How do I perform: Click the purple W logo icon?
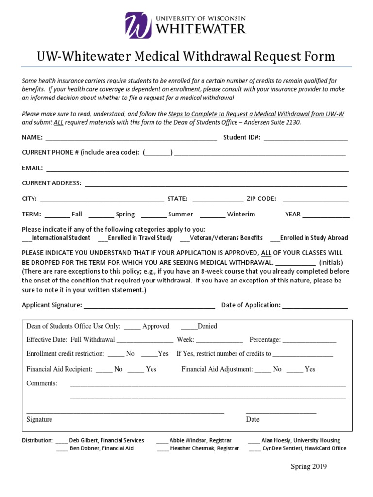pos(138,25)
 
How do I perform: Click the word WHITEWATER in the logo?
pos(201,29)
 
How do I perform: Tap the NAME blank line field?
pos(131,138)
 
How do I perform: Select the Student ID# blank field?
pos(305,138)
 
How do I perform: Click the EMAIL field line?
pos(197,168)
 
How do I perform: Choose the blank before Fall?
pos(58,215)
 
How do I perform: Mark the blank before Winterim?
pos(212,215)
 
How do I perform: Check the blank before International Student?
pos(27,238)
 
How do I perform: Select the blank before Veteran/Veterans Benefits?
pos(184,238)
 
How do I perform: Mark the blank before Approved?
pos(132,327)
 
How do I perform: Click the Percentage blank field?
pos(309,340)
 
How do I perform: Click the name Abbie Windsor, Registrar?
pos(201,440)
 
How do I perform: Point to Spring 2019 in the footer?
pos(309,467)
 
